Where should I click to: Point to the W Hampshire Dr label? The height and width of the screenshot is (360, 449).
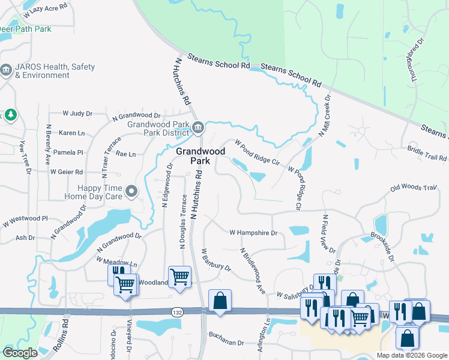(x=253, y=232)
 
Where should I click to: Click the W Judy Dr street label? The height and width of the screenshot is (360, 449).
(x=78, y=113)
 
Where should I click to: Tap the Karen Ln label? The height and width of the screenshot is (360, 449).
(x=71, y=133)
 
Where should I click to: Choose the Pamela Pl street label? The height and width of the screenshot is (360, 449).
(x=68, y=153)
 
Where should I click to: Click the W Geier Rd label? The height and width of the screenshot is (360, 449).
(x=66, y=172)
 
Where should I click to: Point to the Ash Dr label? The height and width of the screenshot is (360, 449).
(x=25, y=238)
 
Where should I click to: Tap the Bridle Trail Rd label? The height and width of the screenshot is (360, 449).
(x=427, y=153)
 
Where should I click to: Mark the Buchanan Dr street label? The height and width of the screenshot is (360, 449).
(x=226, y=343)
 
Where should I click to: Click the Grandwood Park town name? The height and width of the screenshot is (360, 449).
(x=200, y=156)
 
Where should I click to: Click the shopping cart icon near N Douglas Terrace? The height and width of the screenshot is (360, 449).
(x=179, y=277)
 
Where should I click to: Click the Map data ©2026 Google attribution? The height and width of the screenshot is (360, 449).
(x=412, y=355)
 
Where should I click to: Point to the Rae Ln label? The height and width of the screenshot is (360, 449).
(x=125, y=154)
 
